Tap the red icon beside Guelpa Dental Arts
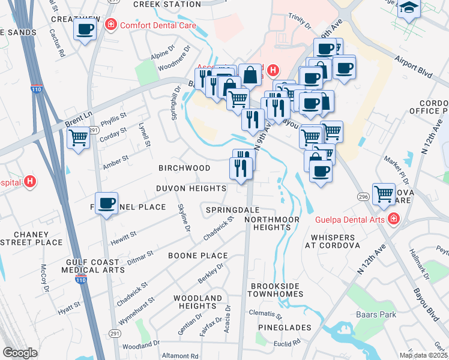[393, 220]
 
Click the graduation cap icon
[410, 8]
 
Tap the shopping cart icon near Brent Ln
[78, 138]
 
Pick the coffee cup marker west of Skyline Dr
[106, 204]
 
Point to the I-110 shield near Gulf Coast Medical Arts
[80, 280]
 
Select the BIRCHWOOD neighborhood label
[184, 168]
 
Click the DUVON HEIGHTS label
[191, 188]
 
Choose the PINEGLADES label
[285, 328]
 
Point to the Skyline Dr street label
[184, 218]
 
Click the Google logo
[20, 353]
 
